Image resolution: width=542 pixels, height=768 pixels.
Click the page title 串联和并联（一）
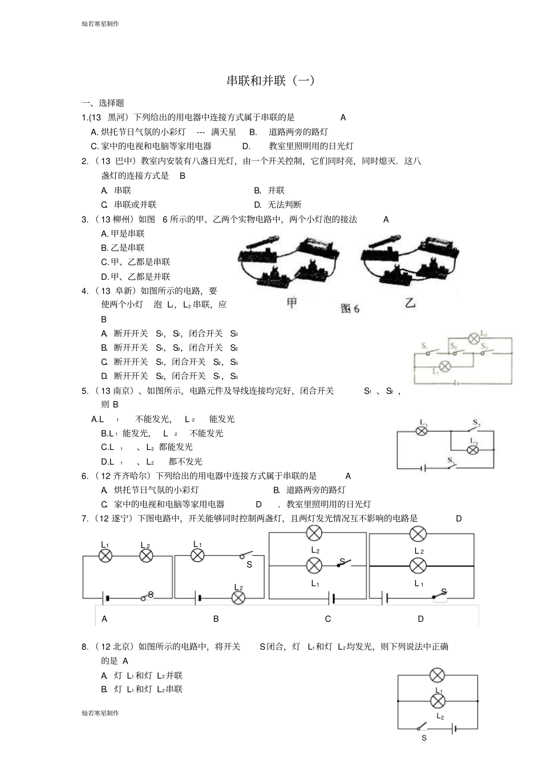coord(270,81)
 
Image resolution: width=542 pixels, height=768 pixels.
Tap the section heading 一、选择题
coord(103,103)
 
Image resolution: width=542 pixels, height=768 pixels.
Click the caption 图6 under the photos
coord(350,308)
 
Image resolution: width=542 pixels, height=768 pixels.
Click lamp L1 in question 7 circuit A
coord(106,556)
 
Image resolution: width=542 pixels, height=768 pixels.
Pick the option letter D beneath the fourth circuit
coord(421,619)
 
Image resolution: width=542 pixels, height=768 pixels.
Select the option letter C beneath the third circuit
coord(328,619)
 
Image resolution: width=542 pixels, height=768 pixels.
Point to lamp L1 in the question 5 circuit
coord(422,431)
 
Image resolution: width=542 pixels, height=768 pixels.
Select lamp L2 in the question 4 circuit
coord(473,338)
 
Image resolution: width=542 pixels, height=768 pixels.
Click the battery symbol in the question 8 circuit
coord(454,728)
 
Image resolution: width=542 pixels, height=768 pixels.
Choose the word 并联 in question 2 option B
coord(276,190)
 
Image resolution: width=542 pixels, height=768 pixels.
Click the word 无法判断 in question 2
coord(285,204)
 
